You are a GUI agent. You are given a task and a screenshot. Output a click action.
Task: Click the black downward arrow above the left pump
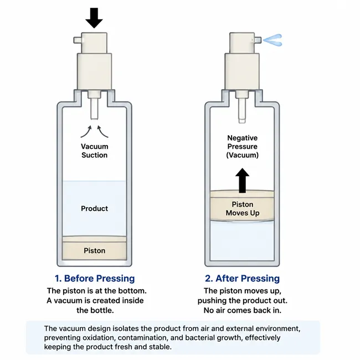(94, 18)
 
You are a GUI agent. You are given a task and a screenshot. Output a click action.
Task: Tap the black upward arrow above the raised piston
(242, 181)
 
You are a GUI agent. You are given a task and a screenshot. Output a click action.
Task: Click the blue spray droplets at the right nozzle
(272, 40)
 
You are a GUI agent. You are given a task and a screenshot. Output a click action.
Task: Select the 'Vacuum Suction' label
(94, 151)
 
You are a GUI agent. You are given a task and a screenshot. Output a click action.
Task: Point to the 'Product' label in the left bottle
(94, 208)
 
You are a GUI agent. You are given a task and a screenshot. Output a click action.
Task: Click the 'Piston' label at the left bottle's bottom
(94, 250)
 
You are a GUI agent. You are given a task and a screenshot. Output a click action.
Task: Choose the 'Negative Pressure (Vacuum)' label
(243, 146)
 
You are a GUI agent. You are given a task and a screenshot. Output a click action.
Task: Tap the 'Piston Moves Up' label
(243, 208)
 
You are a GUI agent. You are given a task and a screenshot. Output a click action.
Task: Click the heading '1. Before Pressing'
(95, 278)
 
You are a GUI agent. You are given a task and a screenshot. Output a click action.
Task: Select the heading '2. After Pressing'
(242, 278)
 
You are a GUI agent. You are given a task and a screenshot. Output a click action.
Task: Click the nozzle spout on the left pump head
(78, 40)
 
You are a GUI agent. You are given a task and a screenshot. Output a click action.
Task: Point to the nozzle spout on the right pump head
(258, 40)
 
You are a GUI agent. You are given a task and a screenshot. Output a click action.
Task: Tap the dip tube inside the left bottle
(94, 108)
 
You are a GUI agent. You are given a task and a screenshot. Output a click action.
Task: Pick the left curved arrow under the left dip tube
(86, 132)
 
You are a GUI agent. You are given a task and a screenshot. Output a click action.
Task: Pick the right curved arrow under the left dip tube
(102, 132)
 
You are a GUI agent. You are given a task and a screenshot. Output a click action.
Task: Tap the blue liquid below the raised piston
(242, 241)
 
